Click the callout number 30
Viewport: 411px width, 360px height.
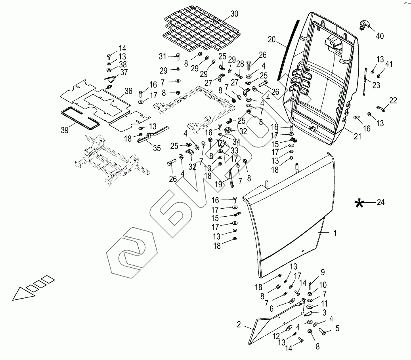(x=234, y=14)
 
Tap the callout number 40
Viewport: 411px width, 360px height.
(x=379, y=36)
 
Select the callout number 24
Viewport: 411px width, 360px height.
(x=380, y=202)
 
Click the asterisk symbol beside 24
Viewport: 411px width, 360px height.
(x=359, y=204)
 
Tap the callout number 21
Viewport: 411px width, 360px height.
(x=357, y=137)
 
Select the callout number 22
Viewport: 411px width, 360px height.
(x=393, y=101)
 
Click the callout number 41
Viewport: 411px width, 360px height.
(x=389, y=64)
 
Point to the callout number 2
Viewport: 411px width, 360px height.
(x=239, y=325)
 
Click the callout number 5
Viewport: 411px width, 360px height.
(x=338, y=328)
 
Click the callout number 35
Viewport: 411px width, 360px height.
(x=157, y=149)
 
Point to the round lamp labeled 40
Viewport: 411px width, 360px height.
(x=363, y=25)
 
